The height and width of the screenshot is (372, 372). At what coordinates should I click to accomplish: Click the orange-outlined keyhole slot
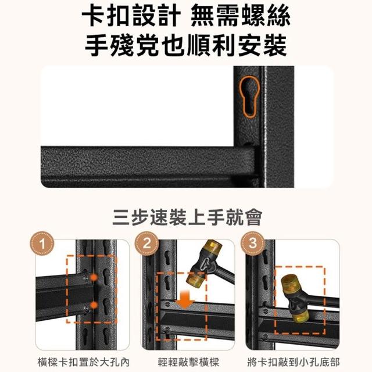249,97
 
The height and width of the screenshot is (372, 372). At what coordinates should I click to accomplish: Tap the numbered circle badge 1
42,244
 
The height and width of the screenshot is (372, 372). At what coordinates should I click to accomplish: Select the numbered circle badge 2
147,244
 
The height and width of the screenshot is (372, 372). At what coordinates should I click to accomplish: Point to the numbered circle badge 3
253,244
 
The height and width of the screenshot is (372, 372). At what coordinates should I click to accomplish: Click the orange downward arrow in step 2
185,300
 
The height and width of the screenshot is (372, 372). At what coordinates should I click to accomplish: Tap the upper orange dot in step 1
94,277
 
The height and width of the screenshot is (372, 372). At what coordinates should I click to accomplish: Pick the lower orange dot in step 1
94,305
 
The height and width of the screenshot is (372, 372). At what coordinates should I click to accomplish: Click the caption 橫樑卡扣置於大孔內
84,362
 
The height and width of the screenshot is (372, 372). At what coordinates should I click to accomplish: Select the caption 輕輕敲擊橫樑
188,362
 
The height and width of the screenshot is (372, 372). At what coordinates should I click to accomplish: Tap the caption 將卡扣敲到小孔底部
294,362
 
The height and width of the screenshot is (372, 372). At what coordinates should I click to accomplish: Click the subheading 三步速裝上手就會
187,217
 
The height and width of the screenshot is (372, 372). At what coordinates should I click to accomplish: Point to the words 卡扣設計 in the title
131,16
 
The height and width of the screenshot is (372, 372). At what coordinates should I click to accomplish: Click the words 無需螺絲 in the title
241,16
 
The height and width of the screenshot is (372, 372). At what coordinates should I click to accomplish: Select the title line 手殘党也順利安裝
186,45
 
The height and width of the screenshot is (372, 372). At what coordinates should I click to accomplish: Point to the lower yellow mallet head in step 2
195,278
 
